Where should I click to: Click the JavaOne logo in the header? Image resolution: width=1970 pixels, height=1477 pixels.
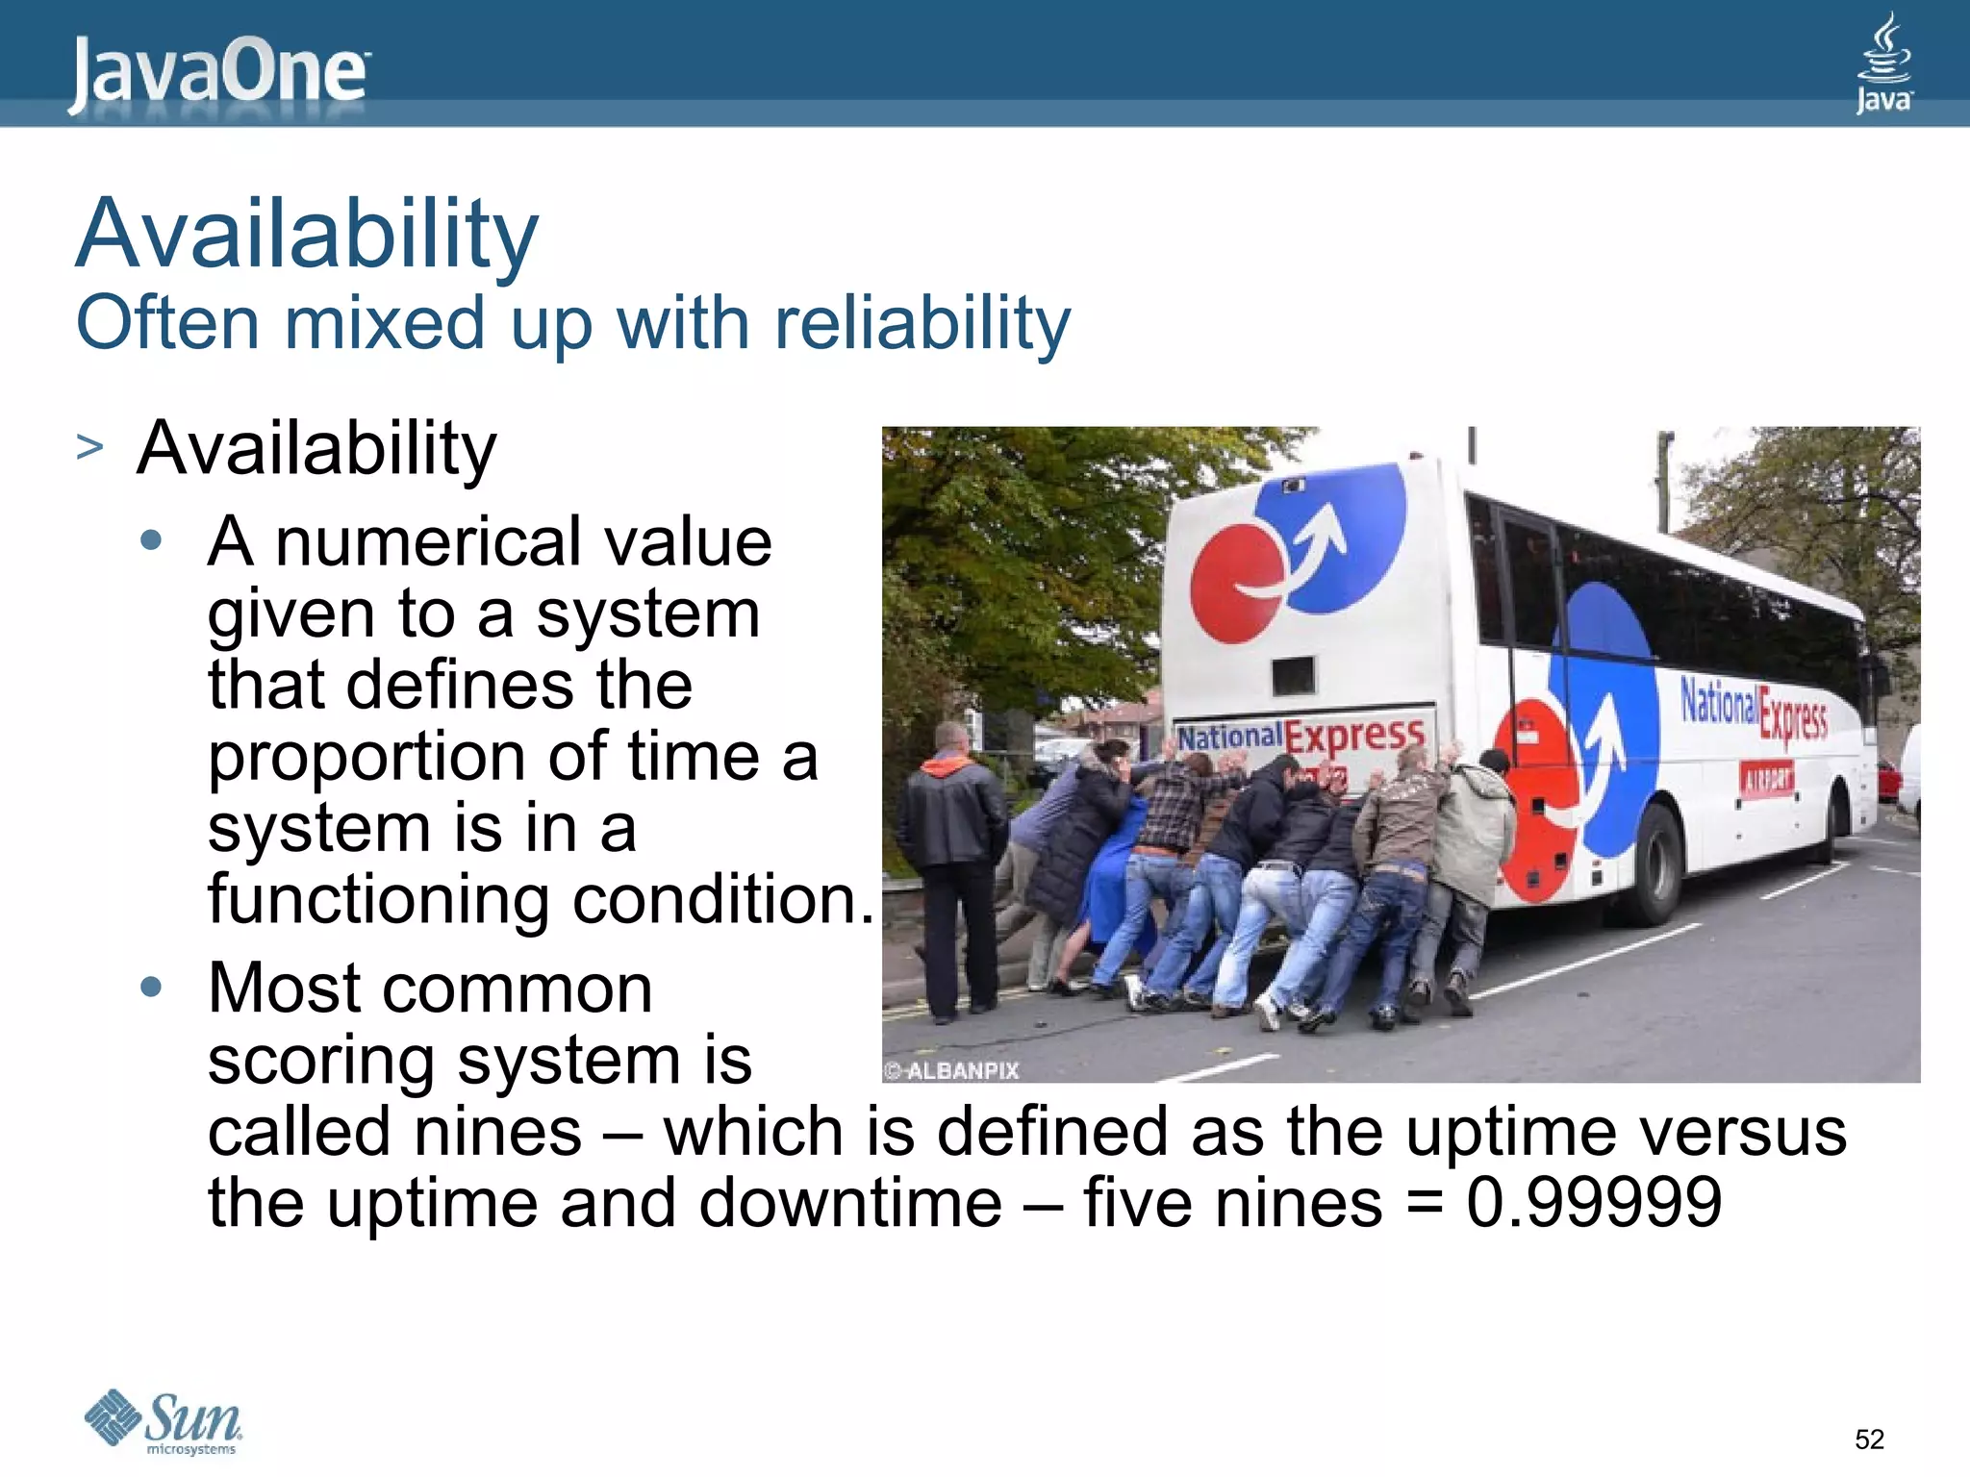[x=218, y=73]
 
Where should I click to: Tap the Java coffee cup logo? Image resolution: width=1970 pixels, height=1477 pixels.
[x=1883, y=63]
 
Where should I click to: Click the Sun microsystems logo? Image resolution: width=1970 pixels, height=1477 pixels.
[x=164, y=1421]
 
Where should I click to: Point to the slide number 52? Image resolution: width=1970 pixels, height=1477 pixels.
[x=1868, y=1439]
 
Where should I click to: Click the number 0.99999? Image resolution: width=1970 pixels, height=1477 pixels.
[x=1593, y=1202]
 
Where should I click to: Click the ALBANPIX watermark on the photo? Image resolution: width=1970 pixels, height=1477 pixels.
[x=952, y=1070]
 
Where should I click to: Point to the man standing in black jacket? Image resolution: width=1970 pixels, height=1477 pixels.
[x=952, y=865]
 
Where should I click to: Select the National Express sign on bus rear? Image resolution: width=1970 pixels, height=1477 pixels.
[x=1301, y=736]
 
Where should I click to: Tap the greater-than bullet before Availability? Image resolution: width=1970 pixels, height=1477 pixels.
[x=89, y=447]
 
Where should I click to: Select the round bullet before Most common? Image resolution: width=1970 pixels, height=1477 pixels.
[x=151, y=987]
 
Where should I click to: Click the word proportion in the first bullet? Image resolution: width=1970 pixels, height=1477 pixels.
[x=366, y=756]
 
